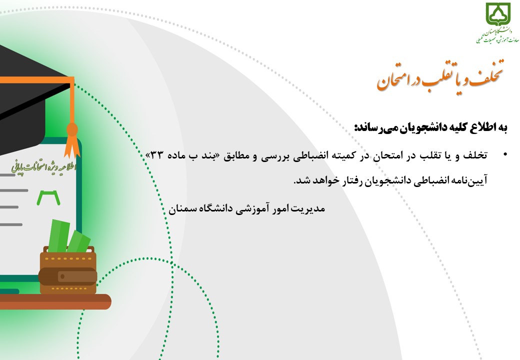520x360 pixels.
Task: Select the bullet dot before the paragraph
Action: click(505, 154)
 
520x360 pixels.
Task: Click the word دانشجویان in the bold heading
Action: click(421, 127)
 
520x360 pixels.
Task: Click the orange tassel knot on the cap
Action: click(72, 129)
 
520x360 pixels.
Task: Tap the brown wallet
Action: click(68, 270)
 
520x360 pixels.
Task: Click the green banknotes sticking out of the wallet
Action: click(68, 236)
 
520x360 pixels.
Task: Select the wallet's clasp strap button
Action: click(62, 276)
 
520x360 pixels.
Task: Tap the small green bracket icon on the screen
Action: click(48, 197)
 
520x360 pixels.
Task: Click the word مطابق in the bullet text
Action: click(236, 155)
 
